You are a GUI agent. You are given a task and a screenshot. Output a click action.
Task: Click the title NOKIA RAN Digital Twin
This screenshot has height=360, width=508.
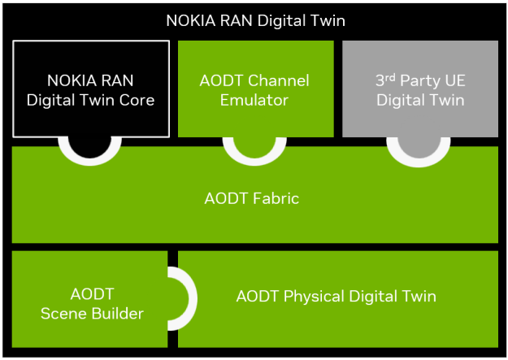click(x=254, y=20)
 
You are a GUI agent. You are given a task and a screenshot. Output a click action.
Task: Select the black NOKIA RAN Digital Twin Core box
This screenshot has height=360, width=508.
click(x=91, y=89)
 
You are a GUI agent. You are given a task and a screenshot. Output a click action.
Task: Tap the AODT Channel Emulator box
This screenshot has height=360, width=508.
click(x=255, y=89)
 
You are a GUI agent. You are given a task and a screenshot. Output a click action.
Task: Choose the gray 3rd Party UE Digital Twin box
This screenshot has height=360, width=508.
click(x=419, y=89)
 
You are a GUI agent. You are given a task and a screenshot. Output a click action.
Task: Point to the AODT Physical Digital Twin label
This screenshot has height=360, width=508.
click(x=336, y=296)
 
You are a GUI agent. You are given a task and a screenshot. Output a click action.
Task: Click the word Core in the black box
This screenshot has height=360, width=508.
click(x=137, y=100)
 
